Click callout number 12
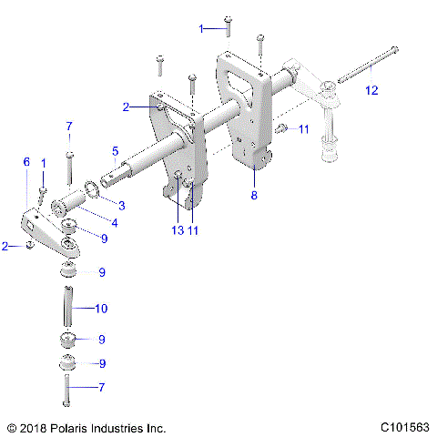pos(370,89)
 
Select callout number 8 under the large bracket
pos(254,195)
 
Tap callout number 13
pos(177,231)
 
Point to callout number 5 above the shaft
pos(115,151)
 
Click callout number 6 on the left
pos(26,161)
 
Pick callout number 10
pos(100,309)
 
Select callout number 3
pos(121,206)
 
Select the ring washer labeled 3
pos(92,189)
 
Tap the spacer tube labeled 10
pos(66,310)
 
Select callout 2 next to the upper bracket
pos(127,107)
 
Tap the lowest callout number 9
pos(102,363)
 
